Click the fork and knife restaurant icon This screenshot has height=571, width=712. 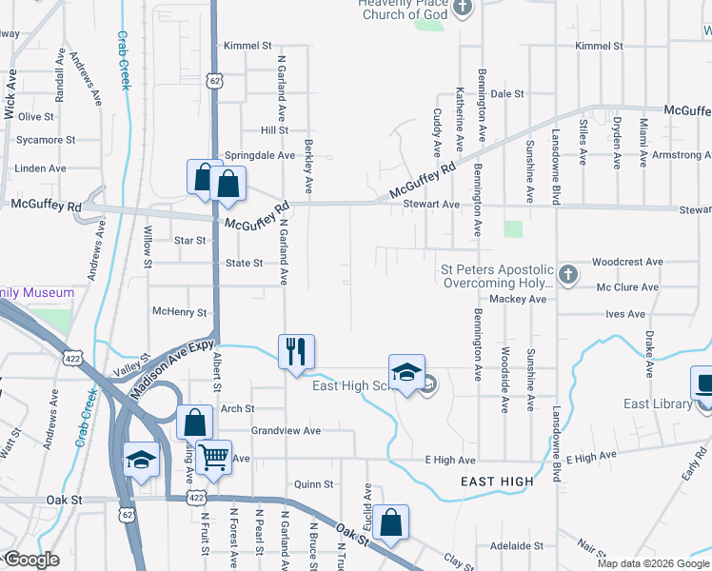[296, 351]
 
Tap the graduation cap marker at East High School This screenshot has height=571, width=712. [406, 371]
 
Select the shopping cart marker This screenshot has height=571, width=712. [214, 459]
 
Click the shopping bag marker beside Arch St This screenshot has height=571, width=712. [194, 423]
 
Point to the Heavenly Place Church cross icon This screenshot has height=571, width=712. [463, 9]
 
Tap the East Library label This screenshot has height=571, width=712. [657, 404]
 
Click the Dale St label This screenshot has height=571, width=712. [507, 94]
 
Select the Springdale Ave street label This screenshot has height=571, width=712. [259, 155]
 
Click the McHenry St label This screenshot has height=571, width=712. [180, 312]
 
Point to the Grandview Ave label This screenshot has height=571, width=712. [286, 430]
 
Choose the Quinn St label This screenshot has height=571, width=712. [313, 483]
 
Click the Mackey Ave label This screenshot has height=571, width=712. [518, 299]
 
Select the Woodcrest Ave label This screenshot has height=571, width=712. [626, 262]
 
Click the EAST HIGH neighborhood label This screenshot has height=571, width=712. [497, 482]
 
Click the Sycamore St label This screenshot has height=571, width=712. [46, 140]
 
